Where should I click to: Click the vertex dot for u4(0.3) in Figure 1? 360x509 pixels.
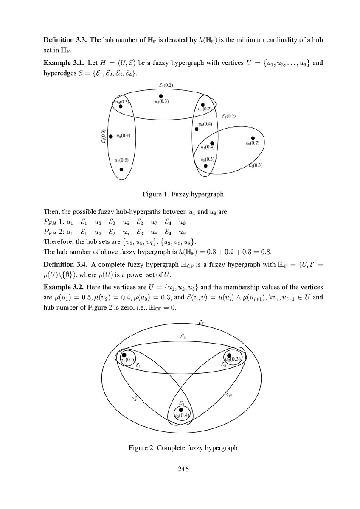(161, 96)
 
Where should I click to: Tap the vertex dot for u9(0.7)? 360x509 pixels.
(253, 138)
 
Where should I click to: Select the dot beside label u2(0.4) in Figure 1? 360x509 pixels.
(111, 136)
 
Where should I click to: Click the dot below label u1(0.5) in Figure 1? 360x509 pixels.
(121, 170)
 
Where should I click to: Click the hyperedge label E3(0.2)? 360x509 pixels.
(229, 116)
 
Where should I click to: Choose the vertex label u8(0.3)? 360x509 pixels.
(207, 159)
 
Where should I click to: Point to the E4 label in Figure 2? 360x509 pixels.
(183, 337)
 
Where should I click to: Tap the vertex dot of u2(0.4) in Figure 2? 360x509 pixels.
(181, 410)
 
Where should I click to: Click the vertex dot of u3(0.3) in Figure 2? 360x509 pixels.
(229, 355)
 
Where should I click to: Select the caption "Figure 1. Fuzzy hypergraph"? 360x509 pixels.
(183, 194)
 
